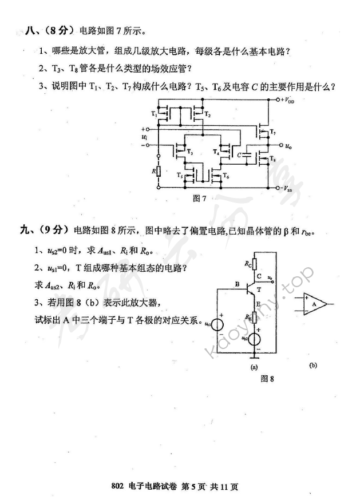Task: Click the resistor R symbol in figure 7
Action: pos(159,170)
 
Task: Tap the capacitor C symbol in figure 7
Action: pos(246,154)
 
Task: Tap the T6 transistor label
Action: pos(226,175)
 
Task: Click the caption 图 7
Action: pos(200,199)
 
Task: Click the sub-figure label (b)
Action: pos(312,364)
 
